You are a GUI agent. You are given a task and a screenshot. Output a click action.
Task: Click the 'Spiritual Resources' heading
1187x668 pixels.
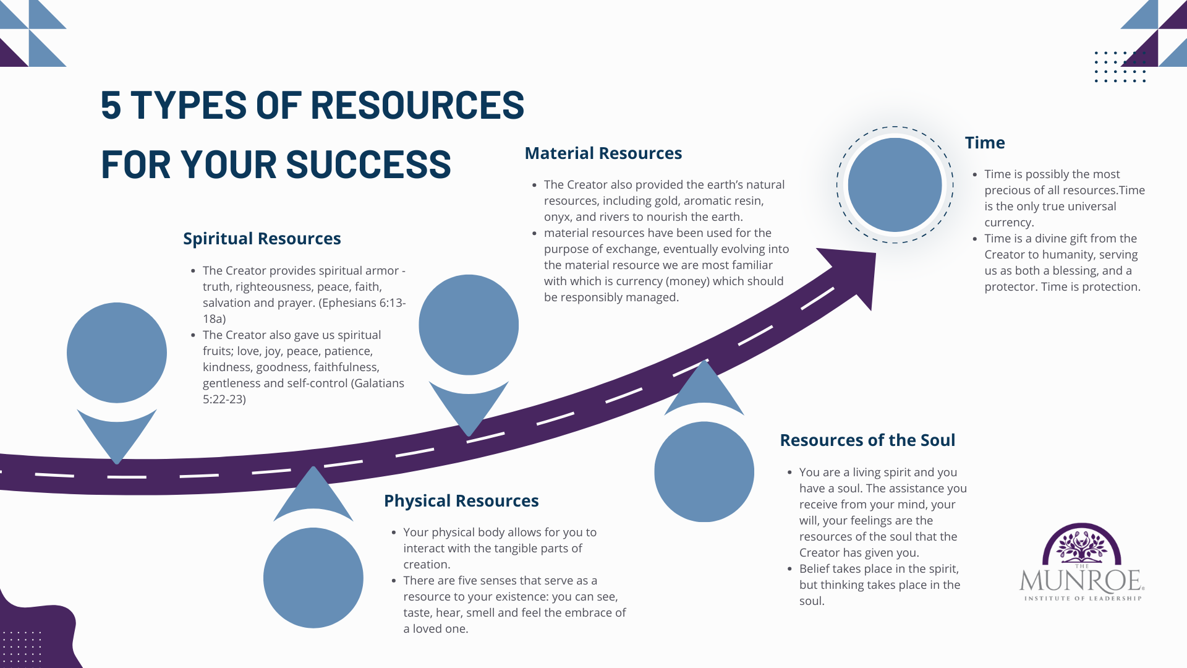[x=262, y=239]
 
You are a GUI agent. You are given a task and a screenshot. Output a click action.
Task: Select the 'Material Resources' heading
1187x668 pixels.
[x=603, y=153]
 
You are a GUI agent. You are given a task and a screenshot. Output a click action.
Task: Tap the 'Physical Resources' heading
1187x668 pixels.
[x=461, y=501]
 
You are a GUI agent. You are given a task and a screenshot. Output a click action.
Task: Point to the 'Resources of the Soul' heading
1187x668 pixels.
[x=867, y=440]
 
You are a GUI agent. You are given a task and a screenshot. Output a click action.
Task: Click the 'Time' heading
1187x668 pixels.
[x=985, y=143]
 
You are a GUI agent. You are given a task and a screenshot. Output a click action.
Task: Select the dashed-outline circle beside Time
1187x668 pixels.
[x=895, y=185]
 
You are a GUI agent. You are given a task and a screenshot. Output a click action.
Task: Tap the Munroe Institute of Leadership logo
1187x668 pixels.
[x=1082, y=563]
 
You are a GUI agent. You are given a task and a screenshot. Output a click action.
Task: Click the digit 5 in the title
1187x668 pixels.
[x=111, y=105]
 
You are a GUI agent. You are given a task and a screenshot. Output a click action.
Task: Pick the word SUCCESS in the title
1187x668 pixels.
[x=368, y=165]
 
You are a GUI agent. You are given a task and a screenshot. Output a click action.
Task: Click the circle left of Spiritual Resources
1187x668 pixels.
[x=117, y=353]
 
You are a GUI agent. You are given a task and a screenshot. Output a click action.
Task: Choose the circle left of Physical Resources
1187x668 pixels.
[x=313, y=578]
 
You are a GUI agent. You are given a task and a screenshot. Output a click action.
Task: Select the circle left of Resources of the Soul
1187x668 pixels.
[x=704, y=472]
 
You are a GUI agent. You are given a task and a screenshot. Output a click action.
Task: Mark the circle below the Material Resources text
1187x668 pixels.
[x=469, y=325]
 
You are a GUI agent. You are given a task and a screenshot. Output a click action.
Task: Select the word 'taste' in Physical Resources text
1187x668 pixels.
[x=417, y=613]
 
